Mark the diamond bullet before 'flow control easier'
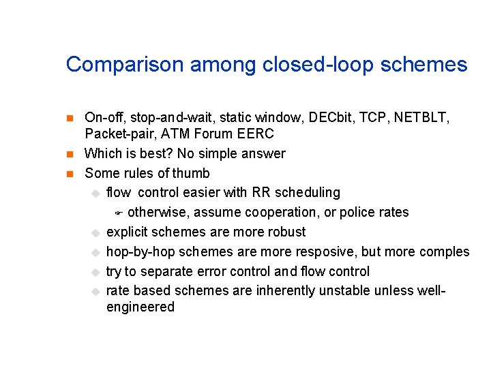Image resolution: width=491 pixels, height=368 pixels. pyautogui.click(x=95, y=194)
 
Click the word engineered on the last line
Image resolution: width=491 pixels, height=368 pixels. pyautogui.click(x=140, y=307)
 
